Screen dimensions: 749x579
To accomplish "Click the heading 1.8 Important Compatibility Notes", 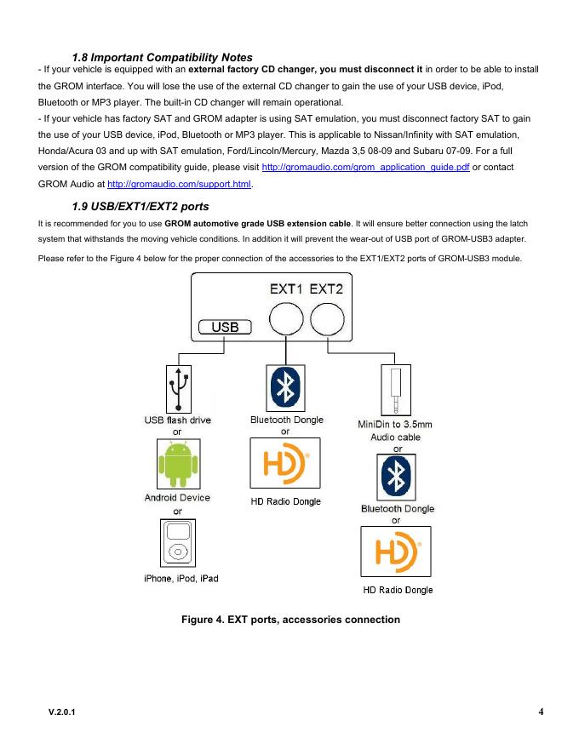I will [162, 57].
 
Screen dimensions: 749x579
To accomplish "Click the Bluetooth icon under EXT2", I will [396, 477].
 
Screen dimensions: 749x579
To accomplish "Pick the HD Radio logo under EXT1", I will [284, 464].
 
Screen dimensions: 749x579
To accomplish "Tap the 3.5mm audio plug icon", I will [396, 388].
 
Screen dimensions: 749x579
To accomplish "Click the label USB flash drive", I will [177, 420].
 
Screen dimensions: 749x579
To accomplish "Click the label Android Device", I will [177, 498].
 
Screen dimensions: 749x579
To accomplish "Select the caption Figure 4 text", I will [290, 620].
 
